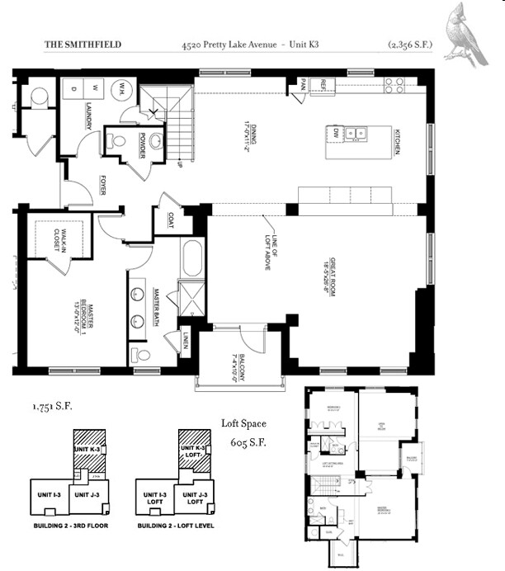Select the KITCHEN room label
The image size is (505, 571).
pos(397,140)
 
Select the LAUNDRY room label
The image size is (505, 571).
pos(87,116)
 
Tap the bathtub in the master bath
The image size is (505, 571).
pos(192,259)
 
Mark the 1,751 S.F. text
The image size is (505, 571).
pos(50,407)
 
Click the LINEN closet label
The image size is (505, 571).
pos(186,340)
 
